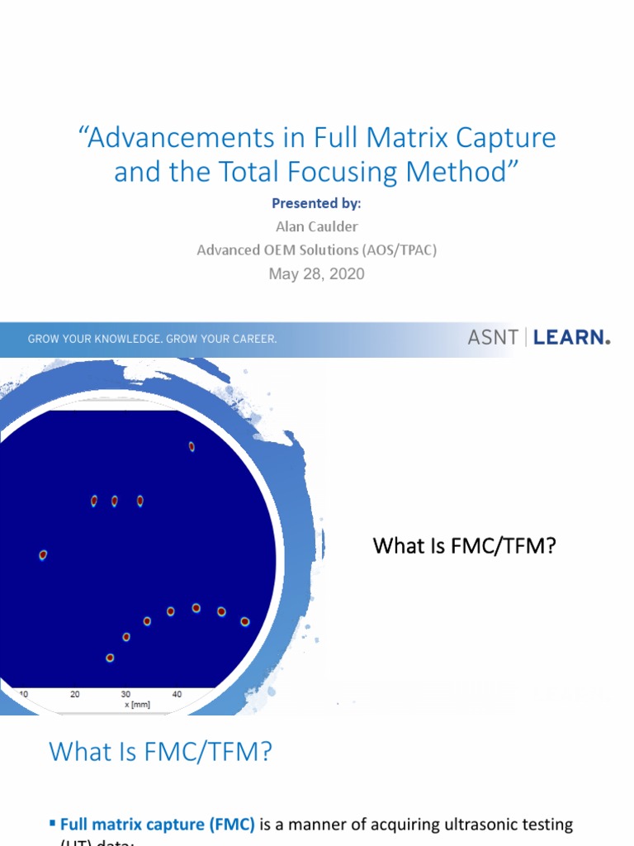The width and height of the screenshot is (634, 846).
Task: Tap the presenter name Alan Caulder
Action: [316, 226]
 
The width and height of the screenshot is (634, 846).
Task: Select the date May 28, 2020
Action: [316, 273]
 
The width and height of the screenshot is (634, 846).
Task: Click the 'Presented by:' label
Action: [316, 204]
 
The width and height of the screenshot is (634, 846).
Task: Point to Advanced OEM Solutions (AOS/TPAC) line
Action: [316, 250]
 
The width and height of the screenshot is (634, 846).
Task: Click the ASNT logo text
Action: [493, 337]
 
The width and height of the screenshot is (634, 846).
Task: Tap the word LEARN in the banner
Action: [571, 337]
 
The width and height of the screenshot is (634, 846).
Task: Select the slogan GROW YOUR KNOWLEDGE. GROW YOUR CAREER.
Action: [153, 339]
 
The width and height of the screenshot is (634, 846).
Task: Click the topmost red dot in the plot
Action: [192, 446]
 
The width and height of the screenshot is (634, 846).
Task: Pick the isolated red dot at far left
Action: [43, 555]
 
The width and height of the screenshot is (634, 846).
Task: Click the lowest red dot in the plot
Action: [110, 658]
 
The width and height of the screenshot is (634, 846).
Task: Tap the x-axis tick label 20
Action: [75, 695]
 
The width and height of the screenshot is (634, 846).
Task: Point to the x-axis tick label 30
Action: [125, 695]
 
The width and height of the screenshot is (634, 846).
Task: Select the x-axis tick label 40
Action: [177, 695]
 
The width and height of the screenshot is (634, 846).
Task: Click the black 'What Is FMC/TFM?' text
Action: [464, 545]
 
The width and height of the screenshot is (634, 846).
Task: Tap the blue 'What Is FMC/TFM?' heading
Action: [160, 752]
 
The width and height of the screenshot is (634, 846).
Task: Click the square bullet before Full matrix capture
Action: [53, 823]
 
